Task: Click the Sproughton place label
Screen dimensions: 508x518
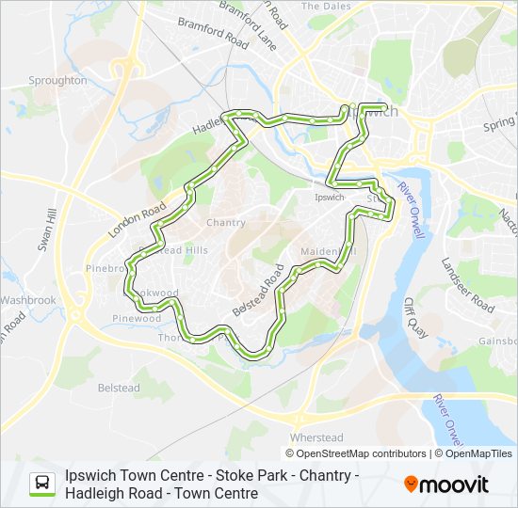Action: [x=58, y=81]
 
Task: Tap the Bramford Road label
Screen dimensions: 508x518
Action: [x=212, y=35]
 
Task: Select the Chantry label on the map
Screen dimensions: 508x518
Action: [x=225, y=223]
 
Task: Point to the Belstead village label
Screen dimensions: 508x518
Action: [x=119, y=388]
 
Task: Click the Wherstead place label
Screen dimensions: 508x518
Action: [x=316, y=437]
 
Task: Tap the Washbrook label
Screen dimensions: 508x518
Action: [x=28, y=300]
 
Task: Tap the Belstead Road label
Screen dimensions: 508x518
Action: [x=257, y=291]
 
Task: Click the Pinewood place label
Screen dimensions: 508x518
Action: [x=137, y=319]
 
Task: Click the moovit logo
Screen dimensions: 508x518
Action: [x=446, y=484]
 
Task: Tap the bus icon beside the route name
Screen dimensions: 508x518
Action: [x=42, y=484]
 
